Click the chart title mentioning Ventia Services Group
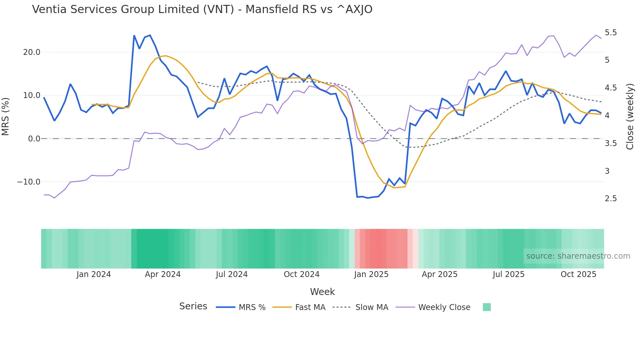(x=202, y=9)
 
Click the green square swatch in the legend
(x=487, y=307)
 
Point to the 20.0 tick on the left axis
(x=32, y=52)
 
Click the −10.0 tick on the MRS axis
(x=29, y=182)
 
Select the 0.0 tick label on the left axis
(x=34, y=139)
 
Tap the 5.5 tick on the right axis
(x=611, y=33)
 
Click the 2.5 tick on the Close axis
(x=611, y=199)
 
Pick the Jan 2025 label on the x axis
(x=371, y=274)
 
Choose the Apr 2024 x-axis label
(x=163, y=274)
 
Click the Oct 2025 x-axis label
(x=578, y=274)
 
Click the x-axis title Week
(x=322, y=292)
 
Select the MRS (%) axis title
(x=6, y=116)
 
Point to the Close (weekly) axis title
(x=630, y=116)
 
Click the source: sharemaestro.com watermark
(x=578, y=256)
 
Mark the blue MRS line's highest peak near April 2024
(x=150, y=35)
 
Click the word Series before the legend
(x=193, y=306)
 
